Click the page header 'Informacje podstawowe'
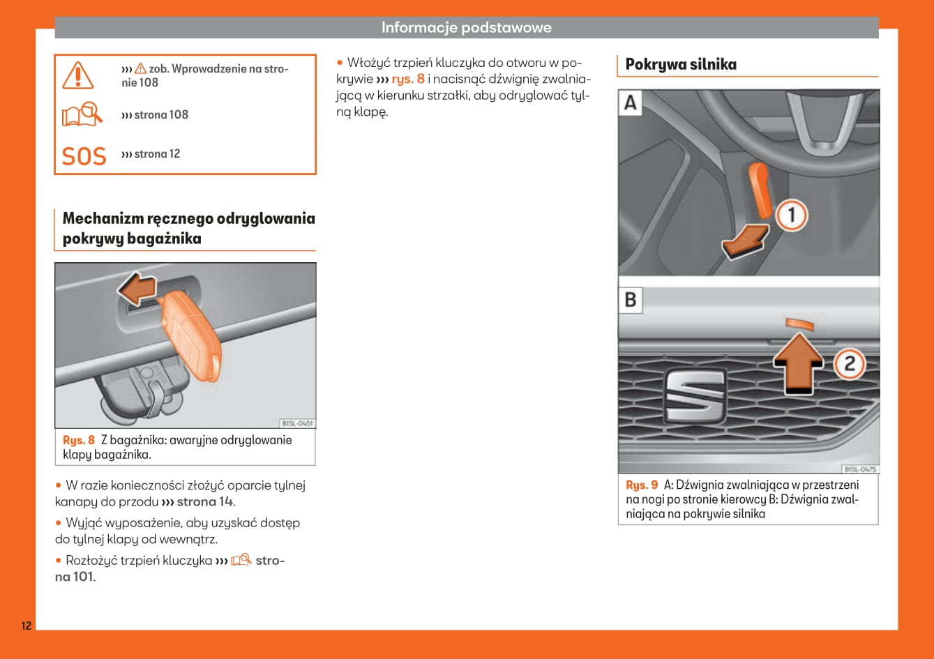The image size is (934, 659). coord(466,28)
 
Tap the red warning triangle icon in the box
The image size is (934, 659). coord(77,75)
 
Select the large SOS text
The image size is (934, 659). coord(84,156)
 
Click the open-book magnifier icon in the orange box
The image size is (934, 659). coord(82,114)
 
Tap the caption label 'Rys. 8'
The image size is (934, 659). coord(79,440)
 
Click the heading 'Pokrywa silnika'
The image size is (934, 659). coord(681,65)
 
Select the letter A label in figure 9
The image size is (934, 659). coord(631,103)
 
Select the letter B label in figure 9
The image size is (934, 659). coord(631,300)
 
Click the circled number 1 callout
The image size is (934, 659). coord(790,215)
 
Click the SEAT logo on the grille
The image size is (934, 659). coord(694,394)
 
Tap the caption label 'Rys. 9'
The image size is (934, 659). coord(642,485)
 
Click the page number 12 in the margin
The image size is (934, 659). coord(26,626)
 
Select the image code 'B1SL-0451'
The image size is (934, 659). coord(297,423)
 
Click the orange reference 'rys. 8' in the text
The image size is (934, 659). coord(408,79)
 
